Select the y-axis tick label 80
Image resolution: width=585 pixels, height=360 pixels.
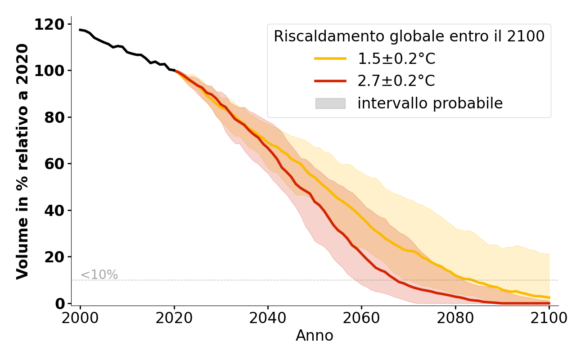click(54, 117)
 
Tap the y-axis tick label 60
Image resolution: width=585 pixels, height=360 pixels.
click(54, 164)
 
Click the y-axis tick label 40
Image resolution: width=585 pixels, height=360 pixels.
click(54, 210)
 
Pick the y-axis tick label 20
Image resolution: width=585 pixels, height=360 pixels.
click(54, 257)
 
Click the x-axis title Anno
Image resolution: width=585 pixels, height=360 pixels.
click(315, 336)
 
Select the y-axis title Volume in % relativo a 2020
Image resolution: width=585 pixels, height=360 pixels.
click(22, 161)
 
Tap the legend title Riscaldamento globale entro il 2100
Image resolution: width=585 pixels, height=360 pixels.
click(409, 36)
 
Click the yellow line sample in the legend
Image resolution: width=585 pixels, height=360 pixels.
click(330, 58)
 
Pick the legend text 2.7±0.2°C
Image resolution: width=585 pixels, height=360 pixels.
click(396, 81)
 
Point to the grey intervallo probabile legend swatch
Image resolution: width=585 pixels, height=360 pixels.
click(330, 103)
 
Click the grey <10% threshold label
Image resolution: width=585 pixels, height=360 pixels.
click(99, 274)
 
